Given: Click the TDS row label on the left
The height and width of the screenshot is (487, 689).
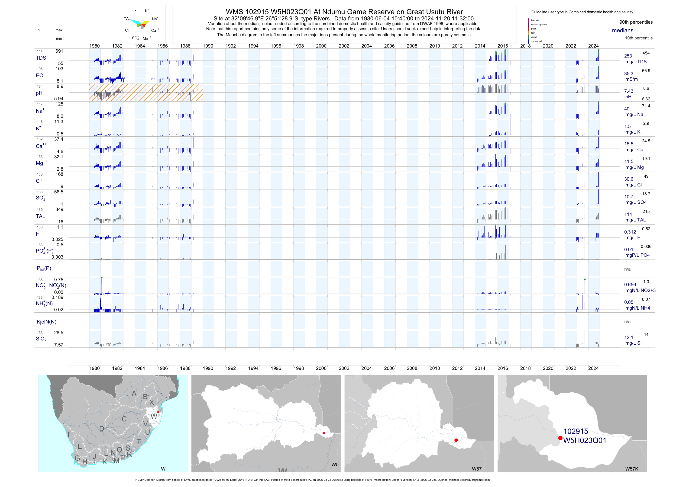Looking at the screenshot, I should [x=41, y=58].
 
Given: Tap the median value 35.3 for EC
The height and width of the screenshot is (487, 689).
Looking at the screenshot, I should [x=628, y=74].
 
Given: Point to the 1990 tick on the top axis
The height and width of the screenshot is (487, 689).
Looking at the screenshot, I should [x=208, y=46].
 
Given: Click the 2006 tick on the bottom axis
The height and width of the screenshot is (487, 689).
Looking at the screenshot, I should [x=389, y=368].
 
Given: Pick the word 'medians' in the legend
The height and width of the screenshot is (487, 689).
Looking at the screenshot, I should [x=622, y=30].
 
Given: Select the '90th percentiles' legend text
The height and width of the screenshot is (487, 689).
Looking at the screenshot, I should [x=636, y=22].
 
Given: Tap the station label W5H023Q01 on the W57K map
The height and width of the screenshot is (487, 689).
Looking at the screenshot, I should [x=584, y=441].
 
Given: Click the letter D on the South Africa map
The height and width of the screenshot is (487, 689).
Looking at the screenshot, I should [x=102, y=429].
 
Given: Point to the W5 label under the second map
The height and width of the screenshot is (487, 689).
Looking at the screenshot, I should [x=335, y=465].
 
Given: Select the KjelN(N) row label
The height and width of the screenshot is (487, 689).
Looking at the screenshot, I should [x=46, y=322].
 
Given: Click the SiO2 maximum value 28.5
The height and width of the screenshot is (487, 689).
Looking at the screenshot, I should [x=58, y=333].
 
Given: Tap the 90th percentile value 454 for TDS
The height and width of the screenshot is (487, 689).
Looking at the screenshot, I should [x=646, y=53].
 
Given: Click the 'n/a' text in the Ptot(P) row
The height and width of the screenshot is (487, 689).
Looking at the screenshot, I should [x=627, y=269].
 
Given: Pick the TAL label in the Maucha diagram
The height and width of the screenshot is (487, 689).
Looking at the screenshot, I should [x=127, y=19].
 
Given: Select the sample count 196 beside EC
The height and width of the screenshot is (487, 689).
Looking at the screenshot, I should [x=40, y=69].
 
